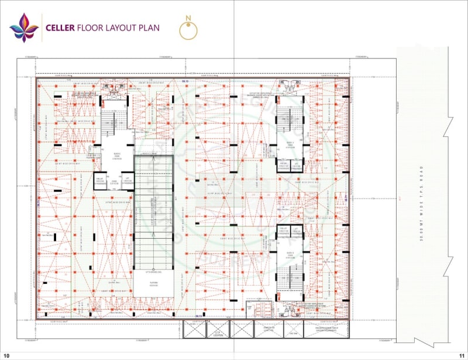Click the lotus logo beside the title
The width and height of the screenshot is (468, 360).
coord(24,28)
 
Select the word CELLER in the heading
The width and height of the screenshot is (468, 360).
coord(60,28)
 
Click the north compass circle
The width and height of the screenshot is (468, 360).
coord(188,31)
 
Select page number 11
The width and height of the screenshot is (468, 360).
coord(461,355)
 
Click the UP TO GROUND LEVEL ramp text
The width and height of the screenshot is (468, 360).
coord(153,272)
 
